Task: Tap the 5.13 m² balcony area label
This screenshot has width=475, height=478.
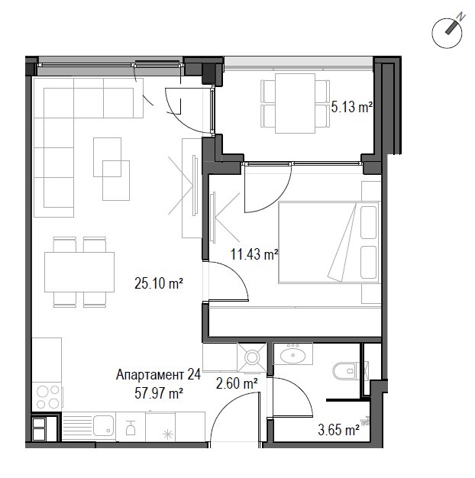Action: click(x=351, y=108)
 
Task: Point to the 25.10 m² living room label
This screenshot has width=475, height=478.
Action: click(x=158, y=284)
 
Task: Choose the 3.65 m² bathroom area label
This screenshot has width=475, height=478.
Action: click(x=338, y=431)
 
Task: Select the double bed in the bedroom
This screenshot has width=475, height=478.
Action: click(x=328, y=242)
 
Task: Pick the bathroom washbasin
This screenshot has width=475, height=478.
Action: click(x=292, y=355)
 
